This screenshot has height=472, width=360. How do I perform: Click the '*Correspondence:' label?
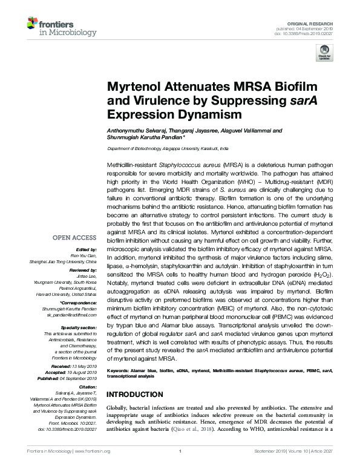pyautogui.click(x=83, y=302)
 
